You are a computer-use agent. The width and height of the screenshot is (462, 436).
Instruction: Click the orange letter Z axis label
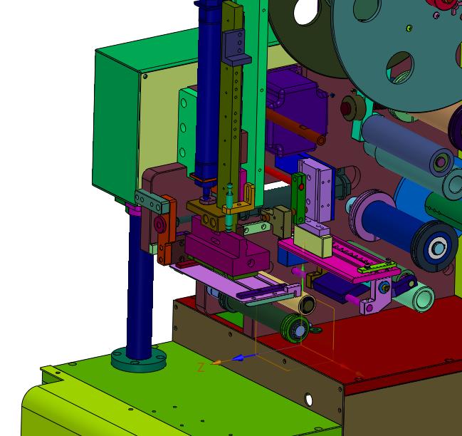click(x=201, y=368)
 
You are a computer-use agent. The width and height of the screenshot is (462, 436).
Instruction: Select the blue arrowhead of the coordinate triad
click(x=238, y=358)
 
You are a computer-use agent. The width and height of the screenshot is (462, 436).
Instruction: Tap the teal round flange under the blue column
click(x=139, y=360)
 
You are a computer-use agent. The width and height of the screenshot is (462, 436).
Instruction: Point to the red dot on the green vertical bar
click(x=301, y=187)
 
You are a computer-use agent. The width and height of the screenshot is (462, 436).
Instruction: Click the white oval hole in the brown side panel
click(x=308, y=400)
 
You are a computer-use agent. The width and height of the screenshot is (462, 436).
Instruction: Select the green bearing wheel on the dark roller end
click(x=295, y=328)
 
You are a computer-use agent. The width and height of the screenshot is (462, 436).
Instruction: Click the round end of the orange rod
click(x=320, y=140)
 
